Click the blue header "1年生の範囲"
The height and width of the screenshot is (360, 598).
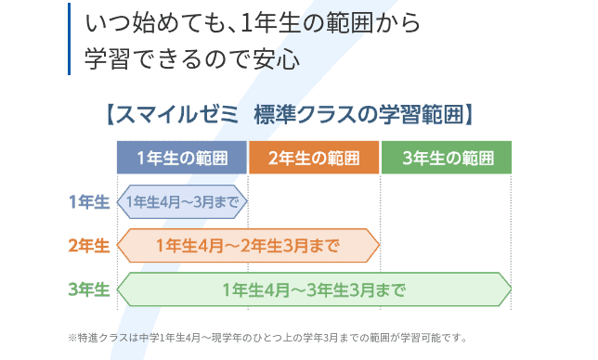(182, 158)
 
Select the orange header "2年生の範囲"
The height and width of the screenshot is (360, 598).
(314, 158)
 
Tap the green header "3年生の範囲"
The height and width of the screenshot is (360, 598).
(447, 158)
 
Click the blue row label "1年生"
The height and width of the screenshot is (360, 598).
(89, 201)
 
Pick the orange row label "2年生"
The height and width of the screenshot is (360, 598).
(89, 246)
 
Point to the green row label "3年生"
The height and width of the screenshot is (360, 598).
(89, 289)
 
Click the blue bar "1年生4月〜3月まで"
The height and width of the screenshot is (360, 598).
(182, 201)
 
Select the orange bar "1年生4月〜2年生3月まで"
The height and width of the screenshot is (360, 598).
(248, 246)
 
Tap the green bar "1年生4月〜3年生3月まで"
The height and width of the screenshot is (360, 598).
(314, 289)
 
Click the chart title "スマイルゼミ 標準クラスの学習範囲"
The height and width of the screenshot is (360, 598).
(290, 114)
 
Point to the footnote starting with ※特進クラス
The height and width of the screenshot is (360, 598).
(267, 337)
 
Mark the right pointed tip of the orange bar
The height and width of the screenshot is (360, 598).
(378, 246)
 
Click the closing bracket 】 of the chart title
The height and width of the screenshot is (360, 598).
(471, 114)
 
